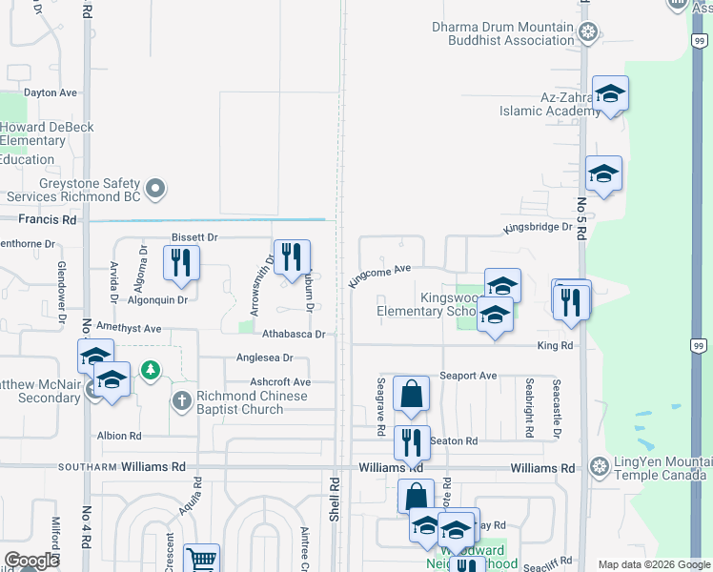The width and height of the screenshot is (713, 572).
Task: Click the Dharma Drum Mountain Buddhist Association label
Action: click(502, 33)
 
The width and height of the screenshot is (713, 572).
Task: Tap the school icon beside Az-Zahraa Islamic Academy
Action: click(610, 94)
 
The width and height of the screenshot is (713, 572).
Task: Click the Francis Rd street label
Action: click(47, 219)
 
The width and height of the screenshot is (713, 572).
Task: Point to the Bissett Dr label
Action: click(194, 236)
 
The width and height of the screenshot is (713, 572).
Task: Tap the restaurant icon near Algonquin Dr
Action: click(181, 262)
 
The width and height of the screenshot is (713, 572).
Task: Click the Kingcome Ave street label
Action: click(379, 276)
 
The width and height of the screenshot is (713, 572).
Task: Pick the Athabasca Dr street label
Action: click(294, 335)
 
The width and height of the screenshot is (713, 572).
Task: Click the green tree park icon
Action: click(150, 370)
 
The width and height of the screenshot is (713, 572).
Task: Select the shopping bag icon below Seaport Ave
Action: click(411, 394)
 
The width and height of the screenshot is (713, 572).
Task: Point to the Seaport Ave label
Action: click(468, 376)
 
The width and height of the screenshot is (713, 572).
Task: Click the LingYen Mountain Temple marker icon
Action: click(600, 467)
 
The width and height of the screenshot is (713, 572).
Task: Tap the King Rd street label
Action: click(554, 346)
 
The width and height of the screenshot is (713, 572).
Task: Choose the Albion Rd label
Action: click(119, 435)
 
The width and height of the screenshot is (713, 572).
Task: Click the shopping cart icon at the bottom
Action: click(201, 560)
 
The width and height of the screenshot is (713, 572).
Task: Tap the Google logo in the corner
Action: click(31, 561)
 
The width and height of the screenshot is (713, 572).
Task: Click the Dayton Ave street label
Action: click(51, 93)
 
